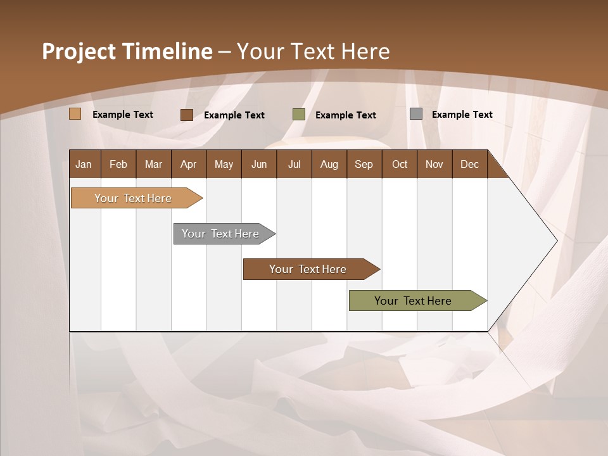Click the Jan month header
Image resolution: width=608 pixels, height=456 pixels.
84,164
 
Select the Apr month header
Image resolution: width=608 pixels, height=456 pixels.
188,164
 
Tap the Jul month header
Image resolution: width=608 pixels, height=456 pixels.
294,164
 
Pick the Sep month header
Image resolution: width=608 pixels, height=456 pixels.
364,164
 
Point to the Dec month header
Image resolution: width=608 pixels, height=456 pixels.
469,164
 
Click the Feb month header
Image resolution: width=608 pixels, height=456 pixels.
118,164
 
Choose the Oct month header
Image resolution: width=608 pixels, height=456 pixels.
400,164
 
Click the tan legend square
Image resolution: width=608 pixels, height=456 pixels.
75,114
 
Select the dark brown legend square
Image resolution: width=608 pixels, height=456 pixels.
187,115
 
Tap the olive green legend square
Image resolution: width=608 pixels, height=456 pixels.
299,115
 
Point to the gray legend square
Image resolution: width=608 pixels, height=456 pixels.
416,114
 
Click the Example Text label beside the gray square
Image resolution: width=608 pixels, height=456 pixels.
462,115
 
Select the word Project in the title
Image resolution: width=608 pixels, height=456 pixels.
78,51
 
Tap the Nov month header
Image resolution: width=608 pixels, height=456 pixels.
434,164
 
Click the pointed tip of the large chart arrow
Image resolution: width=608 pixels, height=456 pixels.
555,240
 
